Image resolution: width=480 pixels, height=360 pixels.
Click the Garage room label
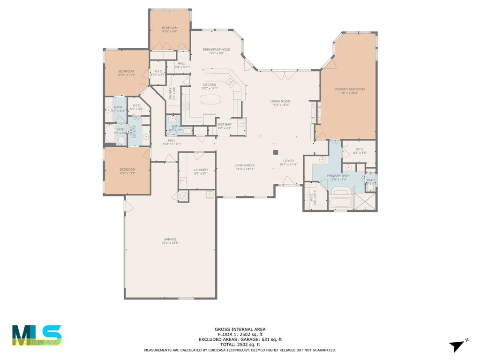(x=170, y=240)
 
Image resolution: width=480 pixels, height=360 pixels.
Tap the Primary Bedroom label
(x=349, y=89)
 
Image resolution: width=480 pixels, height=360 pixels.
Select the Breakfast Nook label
(x=216, y=50)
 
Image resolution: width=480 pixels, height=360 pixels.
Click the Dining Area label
(x=245, y=165)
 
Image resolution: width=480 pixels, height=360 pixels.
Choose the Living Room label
(x=280, y=101)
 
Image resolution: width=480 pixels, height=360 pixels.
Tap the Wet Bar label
(x=225, y=124)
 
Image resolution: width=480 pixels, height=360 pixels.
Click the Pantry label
(x=171, y=93)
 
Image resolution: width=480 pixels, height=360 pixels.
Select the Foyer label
(x=288, y=161)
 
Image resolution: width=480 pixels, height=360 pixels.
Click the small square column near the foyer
(x=276, y=152)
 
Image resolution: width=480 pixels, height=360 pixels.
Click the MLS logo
(x=37, y=335)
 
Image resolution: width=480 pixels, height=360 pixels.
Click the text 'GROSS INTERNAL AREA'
(x=240, y=330)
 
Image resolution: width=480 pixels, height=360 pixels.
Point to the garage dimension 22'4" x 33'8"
(x=170, y=243)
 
